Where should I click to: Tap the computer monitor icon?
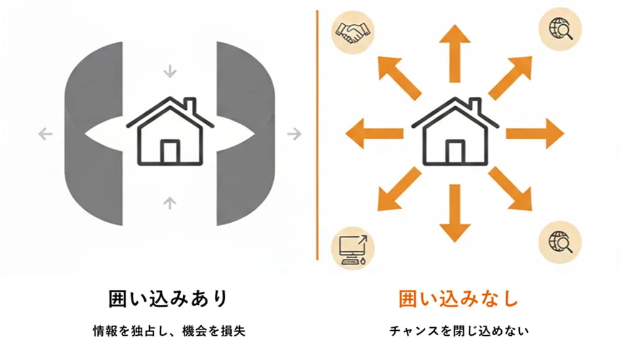tap(352, 248)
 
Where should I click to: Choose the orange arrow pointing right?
tap(535, 134)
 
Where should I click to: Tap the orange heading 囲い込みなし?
tap(458, 299)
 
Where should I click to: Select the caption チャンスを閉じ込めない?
tap(458, 331)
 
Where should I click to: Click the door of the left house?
tap(170, 151)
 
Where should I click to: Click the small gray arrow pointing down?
tap(169, 71)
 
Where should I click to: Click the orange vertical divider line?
tap(317, 133)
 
